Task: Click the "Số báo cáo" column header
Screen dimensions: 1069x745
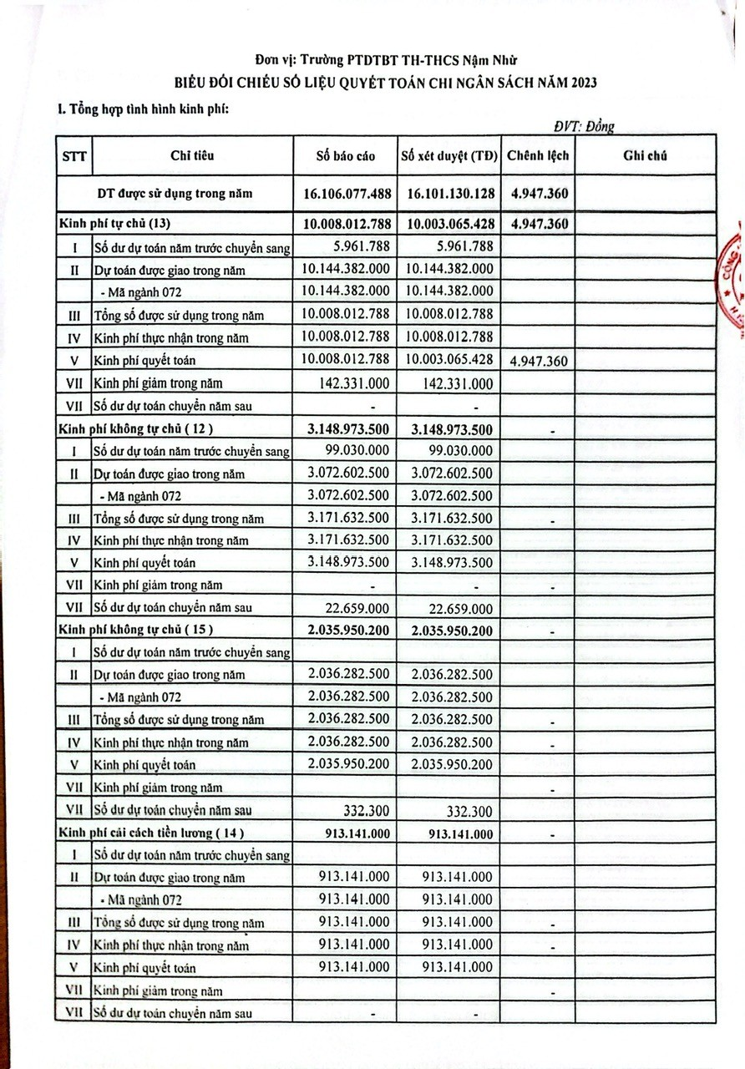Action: pyautogui.click(x=346, y=156)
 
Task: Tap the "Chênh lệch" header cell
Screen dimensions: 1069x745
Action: pyautogui.click(x=537, y=156)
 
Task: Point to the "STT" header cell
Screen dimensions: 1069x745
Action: pyautogui.click(x=73, y=156)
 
